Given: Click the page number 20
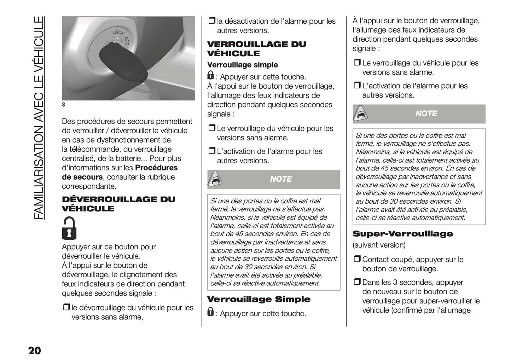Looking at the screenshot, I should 34,350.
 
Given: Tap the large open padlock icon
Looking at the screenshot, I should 69,228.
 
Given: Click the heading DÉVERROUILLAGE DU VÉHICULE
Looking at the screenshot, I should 118,204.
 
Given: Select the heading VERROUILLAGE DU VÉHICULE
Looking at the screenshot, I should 256,49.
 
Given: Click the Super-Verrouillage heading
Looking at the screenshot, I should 402,234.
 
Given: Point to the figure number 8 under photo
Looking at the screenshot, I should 64,105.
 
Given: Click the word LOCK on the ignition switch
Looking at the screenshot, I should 118,33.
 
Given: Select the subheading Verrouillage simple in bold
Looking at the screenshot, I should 242,65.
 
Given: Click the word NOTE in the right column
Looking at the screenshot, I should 426,114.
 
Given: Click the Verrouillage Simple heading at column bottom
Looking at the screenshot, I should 259,300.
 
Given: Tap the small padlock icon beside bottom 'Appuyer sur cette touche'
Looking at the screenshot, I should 210,312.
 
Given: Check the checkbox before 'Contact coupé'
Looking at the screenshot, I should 356,260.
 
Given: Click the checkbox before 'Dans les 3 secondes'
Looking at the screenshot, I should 356,282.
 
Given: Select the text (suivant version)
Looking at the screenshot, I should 379,245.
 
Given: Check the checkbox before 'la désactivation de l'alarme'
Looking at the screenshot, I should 211,21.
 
